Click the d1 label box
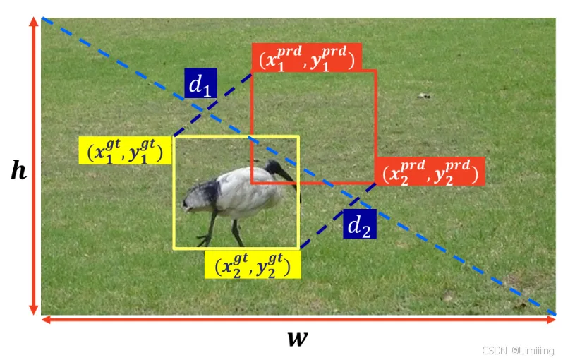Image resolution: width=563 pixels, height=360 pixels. click(x=200, y=84)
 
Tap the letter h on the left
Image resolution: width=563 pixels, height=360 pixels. click(x=18, y=169)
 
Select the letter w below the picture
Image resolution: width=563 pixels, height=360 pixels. click(x=298, y=338)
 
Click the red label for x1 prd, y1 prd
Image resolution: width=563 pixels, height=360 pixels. click(x=306, y=59)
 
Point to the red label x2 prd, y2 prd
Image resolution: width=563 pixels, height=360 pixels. click(x=430, y=171)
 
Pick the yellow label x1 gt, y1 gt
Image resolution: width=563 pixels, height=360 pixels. click(x=125, y=150)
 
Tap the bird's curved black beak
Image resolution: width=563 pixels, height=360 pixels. click(x=289, y=177)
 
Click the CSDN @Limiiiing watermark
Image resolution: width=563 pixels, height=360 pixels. click(x=519, y=351)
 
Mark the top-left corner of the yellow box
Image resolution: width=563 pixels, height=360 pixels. click(x=174, y=137)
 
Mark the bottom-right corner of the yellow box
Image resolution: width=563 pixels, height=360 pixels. click(x=299, y=248)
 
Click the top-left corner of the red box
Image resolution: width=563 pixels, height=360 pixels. click(x=253, y=71)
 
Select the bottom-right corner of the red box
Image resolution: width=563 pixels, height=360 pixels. click(x=376, y=183)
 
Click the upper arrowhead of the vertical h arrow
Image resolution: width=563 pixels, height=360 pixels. click(x=32, y=20)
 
